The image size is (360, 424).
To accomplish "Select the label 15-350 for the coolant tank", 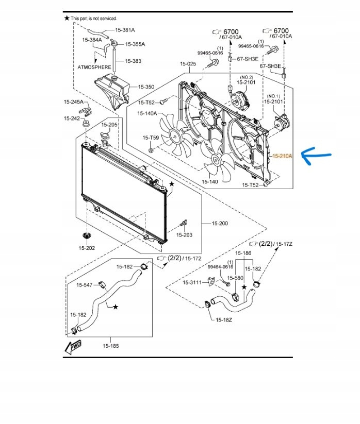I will pyautogui.click(x=145, y=87).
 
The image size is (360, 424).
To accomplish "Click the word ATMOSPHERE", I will pyautogui.click(x=94, y=67).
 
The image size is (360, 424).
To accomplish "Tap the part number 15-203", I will pyautogui.click(x=184, y=235).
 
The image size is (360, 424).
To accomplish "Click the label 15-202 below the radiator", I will pyautogui.click(x=87, y=248).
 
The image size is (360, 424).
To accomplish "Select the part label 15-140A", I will pyautogui.click(x=148, y=113).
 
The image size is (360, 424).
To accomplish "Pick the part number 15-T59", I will pyautogui.click(x=151, y=138).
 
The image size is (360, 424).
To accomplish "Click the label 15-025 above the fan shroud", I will pyautogui.click(x=188, y=64).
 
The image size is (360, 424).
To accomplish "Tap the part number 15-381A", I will pyautogui.click(x=125, y=30).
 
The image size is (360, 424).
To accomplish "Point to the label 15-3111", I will pyautogui.click(x=192, y=282).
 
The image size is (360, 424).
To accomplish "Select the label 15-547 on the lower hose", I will pyautogui.click(x=85, y=285).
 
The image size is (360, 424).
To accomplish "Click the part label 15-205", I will pyautogui.click(x=109, y=125).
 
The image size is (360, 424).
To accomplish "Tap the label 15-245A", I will pyautogui.click(x=73, y=102).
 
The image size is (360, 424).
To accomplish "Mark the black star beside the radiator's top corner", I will pyautogui.click(x=172, y=183).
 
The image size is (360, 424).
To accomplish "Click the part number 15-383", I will pyautogui.click(x=133, y=61).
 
